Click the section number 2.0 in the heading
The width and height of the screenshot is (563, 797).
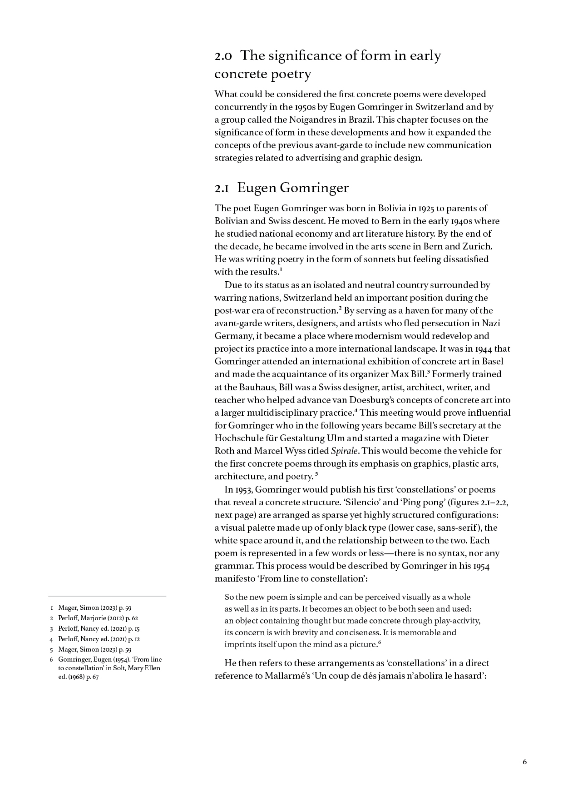223,56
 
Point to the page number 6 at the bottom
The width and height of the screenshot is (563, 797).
524,762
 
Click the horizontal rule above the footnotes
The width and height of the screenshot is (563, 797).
107,596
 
